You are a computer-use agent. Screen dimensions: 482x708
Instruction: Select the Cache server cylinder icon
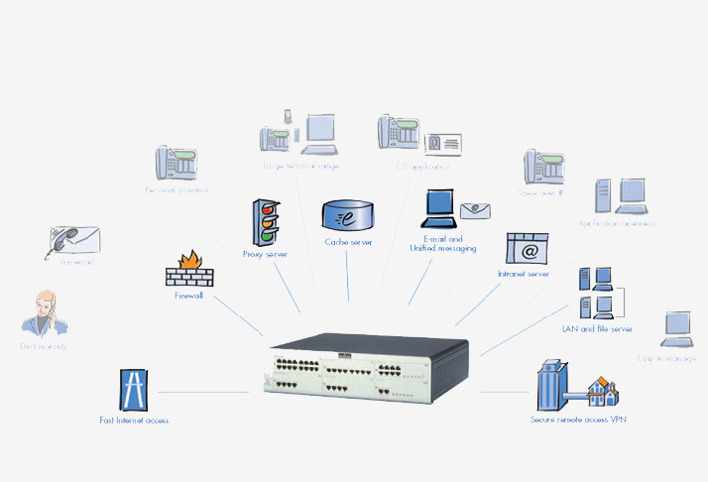pos(347,215)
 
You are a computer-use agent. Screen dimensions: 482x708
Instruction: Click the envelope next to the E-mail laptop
pos(475,208)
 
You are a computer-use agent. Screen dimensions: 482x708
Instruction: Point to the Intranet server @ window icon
pos(528,249)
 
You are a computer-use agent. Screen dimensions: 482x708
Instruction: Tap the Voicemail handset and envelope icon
pos(75,241)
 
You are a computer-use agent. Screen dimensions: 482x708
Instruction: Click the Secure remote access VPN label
pos(579,421)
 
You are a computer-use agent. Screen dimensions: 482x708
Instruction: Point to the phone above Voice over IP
pos(544,168)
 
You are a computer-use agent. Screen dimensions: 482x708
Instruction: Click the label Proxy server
pos(265,254)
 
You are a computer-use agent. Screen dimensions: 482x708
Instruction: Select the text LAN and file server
pos(598,328)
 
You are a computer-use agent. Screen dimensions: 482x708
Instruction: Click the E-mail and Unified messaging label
pos(443,244)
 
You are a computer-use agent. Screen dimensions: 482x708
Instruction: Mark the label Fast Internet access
pos(135,421)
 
